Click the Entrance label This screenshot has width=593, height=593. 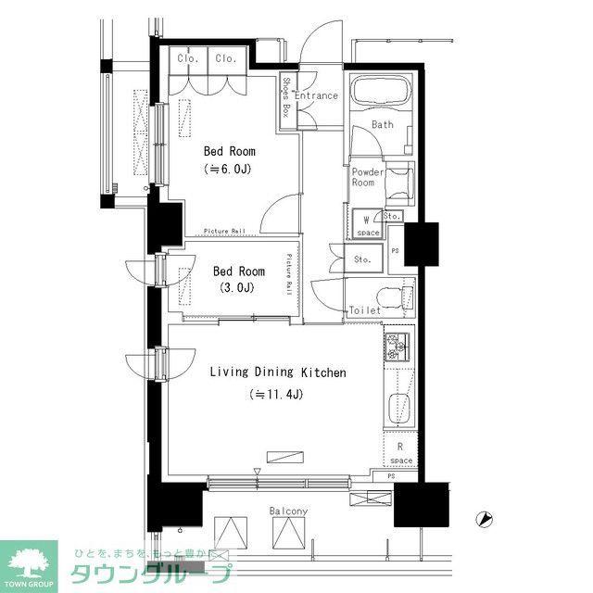point(317,95)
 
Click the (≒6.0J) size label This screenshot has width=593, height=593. point(229,169)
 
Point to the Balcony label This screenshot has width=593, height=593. point(288,511)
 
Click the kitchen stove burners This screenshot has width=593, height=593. point(397,347)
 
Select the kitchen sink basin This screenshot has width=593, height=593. point(399,409)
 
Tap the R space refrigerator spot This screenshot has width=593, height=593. point(400,453)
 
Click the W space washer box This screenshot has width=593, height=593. point(368,225)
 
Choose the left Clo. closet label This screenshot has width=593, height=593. point(188,59)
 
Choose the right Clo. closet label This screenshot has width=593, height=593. point(225,59)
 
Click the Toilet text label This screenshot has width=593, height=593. point(364,310)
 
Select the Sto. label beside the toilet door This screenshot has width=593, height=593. point(362,260)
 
